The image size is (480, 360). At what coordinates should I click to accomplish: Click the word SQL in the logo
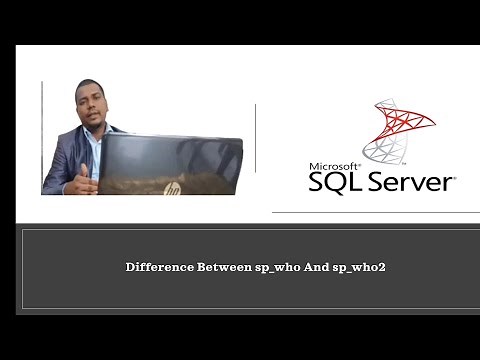(333, 184)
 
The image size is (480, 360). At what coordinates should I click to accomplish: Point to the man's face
(91, 106)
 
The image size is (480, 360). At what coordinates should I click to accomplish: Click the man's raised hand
(85, 178)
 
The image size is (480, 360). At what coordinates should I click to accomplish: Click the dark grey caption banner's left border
(22, 268)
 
